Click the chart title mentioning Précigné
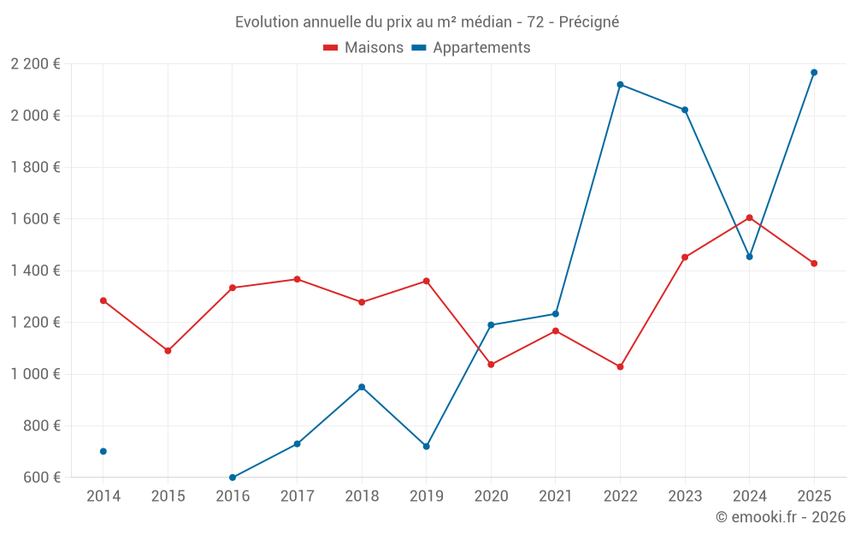[427, 21]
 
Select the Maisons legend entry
[363, 48]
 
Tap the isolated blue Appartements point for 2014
[103, 451]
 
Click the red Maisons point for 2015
[168, 351]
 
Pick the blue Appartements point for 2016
[233, 478]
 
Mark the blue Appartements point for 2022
[620, 85]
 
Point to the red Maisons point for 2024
[749, 217]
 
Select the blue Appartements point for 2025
[814, 73]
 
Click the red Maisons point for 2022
[620, 367]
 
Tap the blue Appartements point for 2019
[427, 447]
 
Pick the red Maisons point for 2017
[297, 279]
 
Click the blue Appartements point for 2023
[685, 110]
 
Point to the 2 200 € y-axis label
[35, 64]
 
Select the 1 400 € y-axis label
[35, 270]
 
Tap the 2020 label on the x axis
[491, 496]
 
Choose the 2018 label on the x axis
[362, 496]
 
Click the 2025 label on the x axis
[814, 496]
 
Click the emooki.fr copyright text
[780, 517]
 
